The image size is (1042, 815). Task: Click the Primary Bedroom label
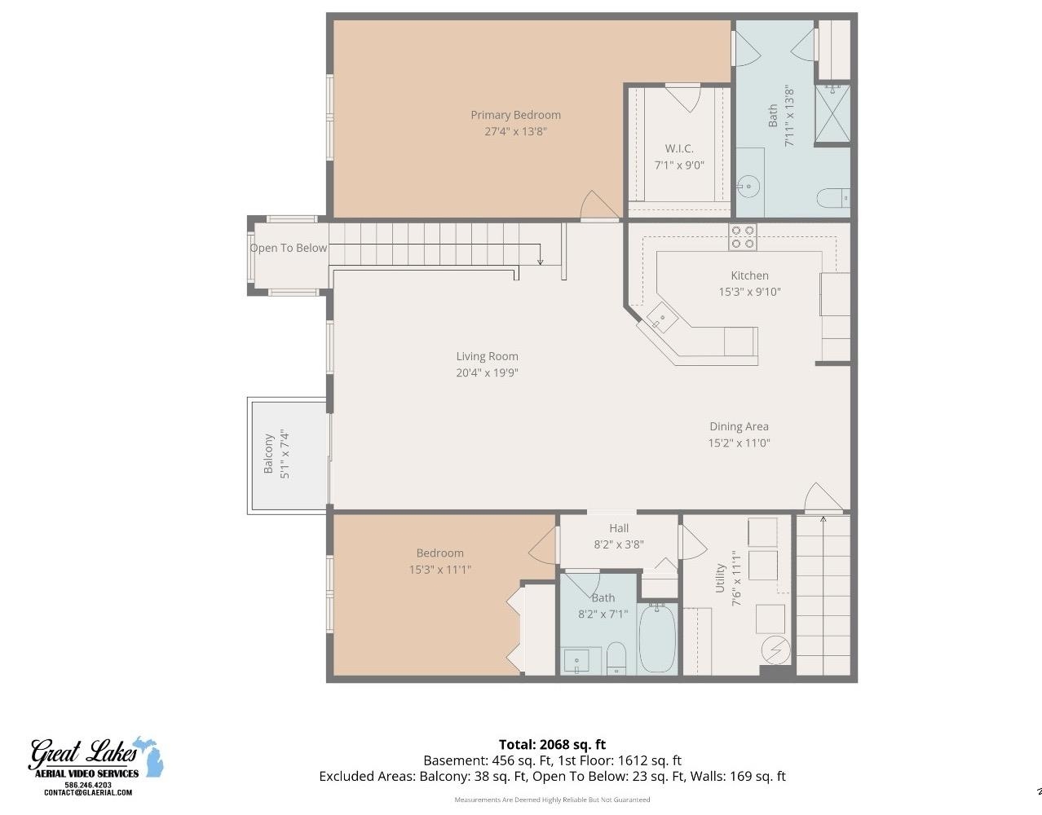(x=515, y=115)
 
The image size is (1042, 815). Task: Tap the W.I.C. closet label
(x=678, y=148)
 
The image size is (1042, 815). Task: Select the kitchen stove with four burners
(x=743, y=236)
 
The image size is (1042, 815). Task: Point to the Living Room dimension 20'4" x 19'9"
(x=488, y=373)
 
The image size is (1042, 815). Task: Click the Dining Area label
(x=739, y=426)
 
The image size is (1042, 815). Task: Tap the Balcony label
(x=268, y=454)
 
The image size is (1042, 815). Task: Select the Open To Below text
(x=289, y=248)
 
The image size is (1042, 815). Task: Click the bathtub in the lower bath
(x=656, y=638)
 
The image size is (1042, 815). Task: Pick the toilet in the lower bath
(x=616, y=657)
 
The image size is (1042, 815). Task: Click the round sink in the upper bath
(x=748, y=187)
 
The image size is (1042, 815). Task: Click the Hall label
(x=619, y=528)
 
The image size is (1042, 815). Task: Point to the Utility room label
(x=720, y=578)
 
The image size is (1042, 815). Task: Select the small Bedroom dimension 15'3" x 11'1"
(x=440, y=570)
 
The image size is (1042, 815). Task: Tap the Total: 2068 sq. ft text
(x=552, y=744)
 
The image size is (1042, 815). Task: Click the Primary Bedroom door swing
(x=593, y=206)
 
